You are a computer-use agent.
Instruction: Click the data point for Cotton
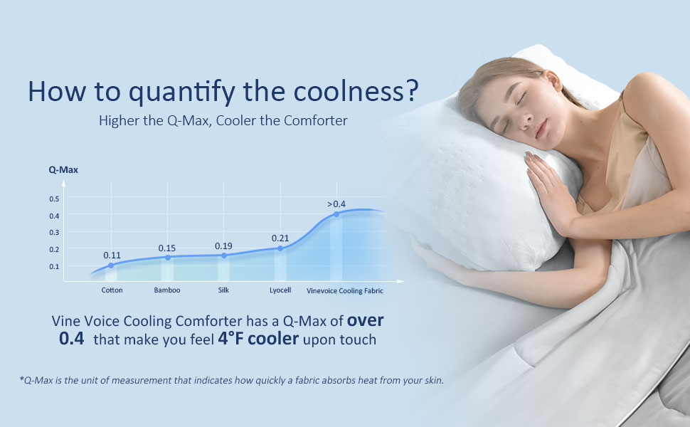coord(111,265)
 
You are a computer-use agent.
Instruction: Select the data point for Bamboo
coord(168,258)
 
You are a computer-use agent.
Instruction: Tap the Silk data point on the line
coord(224,255)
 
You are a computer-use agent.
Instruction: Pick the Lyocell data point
coord(280,248)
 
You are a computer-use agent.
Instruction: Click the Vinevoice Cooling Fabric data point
coord(336,214)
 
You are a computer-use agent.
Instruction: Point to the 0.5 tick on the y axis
coord(54,199)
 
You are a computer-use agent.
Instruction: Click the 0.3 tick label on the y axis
coord(54,233)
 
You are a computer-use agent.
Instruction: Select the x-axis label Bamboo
coord(166,290)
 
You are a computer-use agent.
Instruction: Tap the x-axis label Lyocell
coord(280,290)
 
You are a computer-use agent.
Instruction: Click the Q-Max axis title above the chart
coord(63,170)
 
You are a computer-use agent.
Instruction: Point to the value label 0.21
coord(280,238)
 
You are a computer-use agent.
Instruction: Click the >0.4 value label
coord(336,204)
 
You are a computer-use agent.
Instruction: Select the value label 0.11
coord(112,255)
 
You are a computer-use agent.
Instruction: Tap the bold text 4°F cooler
coord(258,339)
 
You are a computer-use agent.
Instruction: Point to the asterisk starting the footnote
coord(21,379)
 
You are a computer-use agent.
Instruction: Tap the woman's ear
coord(553,80)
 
